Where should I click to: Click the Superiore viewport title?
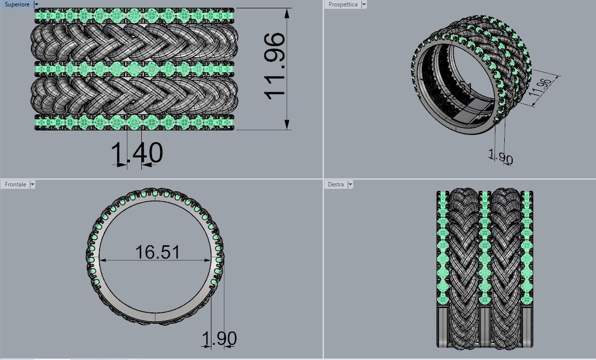tap(17, 4)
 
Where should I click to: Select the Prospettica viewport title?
tap(343, 4)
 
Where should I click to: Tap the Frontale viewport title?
tap(15, 184)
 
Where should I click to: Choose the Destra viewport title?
tap(336, 184)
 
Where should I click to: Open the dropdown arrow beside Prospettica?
tap(363, 4)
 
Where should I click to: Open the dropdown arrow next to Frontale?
tap(32, 184)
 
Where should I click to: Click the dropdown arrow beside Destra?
tap(350, 184)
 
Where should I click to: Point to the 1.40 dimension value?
tap(137, 153)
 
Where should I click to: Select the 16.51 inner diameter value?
tap(157, 252)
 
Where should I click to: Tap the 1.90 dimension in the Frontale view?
tap(219, 338)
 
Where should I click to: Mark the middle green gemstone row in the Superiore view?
tap(134, 68)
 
